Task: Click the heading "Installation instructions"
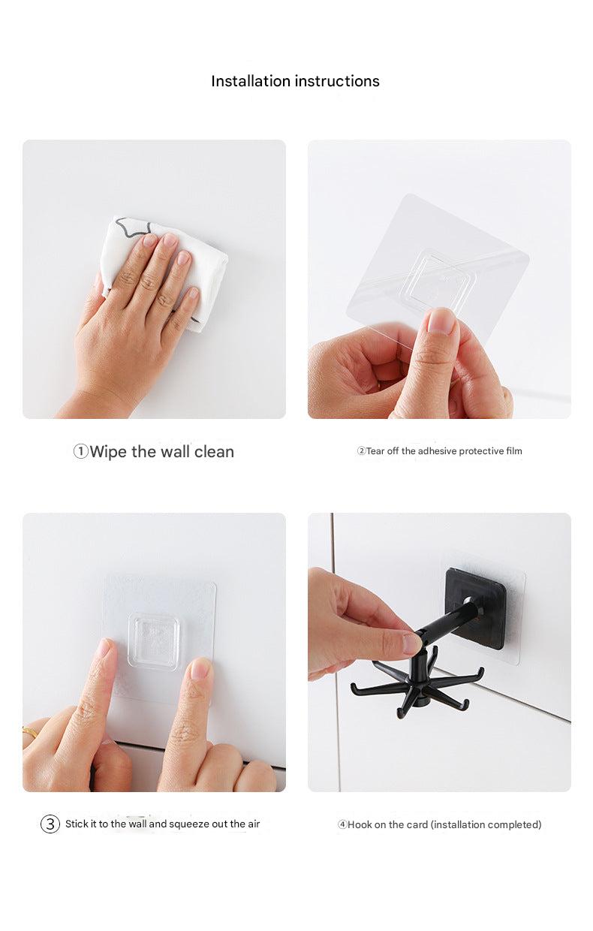pyautogui.click(x=295, y=81)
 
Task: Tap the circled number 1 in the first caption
pyautogui.click(x=80, y=451)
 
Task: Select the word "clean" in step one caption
pyautogui.click(x=214, y=452)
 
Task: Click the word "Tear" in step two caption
pyautogui.click(x=375, y=451)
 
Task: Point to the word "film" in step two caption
pyautogui.click(x=513, y=451)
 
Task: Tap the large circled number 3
pyautogui.click(x=50, y=824)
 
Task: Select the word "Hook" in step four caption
pyautogui.click(x=360, y=824)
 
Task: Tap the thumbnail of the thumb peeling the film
pyautogui.click(x=441, y=321)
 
